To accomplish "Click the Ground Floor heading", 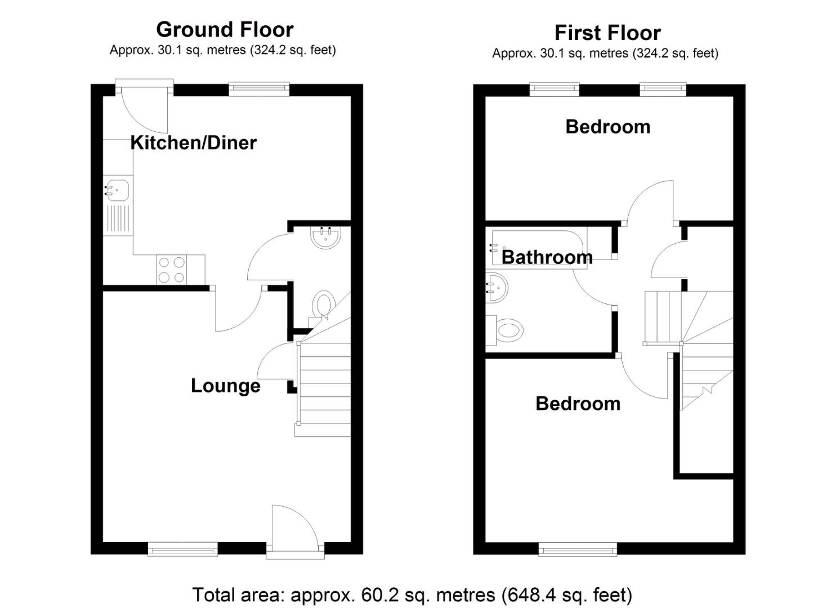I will tap(225, 29).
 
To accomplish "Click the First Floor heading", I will tap(607, 33).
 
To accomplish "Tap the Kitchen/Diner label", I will tap(193, 142).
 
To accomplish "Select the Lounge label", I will tap(225, 386).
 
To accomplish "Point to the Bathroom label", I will tap(547, 257).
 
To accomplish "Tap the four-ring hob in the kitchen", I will tap(172, 270).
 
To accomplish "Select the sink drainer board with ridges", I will tap(118, 219).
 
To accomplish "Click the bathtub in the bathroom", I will tap(539, 247).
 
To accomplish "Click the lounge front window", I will tap(182, 549).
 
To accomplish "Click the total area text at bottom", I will tap(412, 594).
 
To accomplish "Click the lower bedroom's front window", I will tap(577, 549).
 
